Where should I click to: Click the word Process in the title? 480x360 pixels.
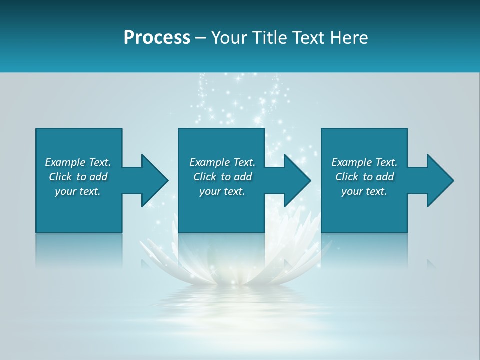[157, 38]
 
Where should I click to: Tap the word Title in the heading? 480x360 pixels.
[270, 38]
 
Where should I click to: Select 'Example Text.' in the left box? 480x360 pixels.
[78, 162]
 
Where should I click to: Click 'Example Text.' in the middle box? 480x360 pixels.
[222, 162]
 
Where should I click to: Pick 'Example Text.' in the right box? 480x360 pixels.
[364, 162]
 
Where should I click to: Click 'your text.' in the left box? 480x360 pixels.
[78, 191]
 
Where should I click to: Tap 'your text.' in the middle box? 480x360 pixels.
[222, 191]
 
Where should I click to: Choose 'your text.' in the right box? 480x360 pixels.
[364, 191]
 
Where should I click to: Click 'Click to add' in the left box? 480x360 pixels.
[78, 177]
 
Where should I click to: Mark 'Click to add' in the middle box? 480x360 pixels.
[222, 177]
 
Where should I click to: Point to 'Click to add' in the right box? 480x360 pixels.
[364, 177]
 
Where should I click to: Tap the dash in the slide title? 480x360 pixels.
[201, 38]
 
